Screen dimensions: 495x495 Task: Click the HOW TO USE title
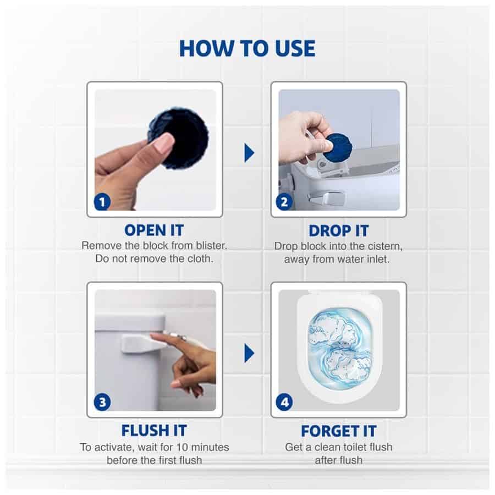(x=247, y=48)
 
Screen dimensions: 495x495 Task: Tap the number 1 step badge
(x=102, y=202)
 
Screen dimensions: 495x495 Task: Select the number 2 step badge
(x=284, y=202)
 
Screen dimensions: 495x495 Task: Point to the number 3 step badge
(x=102, y=403)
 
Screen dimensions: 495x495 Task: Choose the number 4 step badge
(x=284, y=403)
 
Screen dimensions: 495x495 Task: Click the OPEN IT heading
(x=154, y=230)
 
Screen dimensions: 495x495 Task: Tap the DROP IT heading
(x=338, y=231)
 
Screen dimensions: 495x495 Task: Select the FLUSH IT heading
(x=154, y=431)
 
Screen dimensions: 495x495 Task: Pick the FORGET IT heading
(x=339, y=431)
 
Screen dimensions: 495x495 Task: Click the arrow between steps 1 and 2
(x=249, y=153)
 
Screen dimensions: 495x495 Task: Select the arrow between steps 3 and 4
(x=249, y=353)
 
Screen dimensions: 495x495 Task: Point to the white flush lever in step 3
(x=140, y=344)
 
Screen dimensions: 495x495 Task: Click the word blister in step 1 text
(x=211, y=246)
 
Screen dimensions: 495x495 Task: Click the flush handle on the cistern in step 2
(x=326, y=197)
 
